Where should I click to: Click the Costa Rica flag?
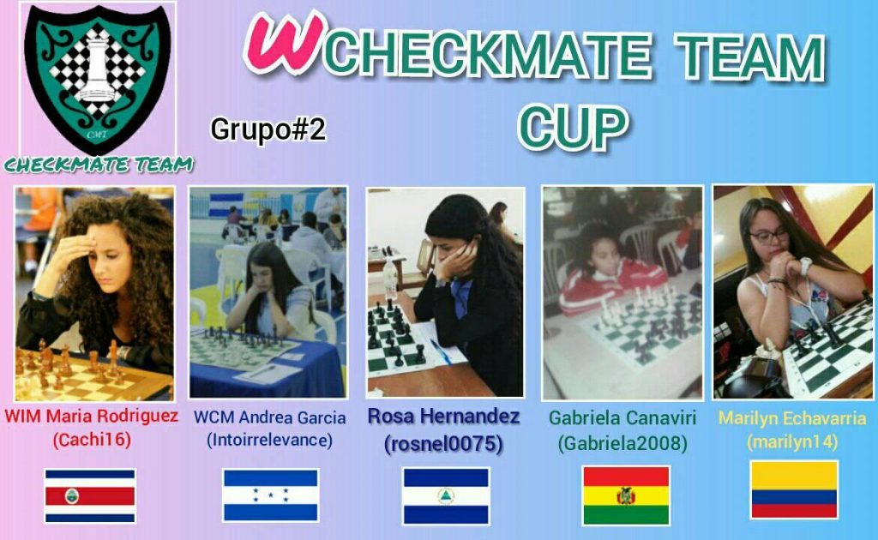click(90, 495)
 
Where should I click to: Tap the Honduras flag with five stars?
click(271, 495)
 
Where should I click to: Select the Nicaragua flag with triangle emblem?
click(446, 495)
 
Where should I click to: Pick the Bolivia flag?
click(626, 495)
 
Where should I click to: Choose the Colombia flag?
click(794, 489)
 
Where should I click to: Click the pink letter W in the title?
click(285, 44)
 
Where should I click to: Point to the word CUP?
click(574, 127)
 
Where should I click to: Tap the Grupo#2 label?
click(268, 129)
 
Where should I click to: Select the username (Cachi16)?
click(92, 440)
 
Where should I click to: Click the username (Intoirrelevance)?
click(270, 441)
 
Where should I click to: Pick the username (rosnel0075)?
click(443, 444)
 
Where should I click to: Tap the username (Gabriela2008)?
click(622, 443)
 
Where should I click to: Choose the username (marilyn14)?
click(792, 442)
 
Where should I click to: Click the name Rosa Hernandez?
click(443, 417)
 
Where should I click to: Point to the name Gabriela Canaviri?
click(622, 417)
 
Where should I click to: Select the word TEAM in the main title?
click(752, 56)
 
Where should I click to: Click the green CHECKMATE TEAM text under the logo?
click(99, 165)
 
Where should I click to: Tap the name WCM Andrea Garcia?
click(270, 417)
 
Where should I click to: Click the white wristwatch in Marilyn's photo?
click(804, 267)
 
